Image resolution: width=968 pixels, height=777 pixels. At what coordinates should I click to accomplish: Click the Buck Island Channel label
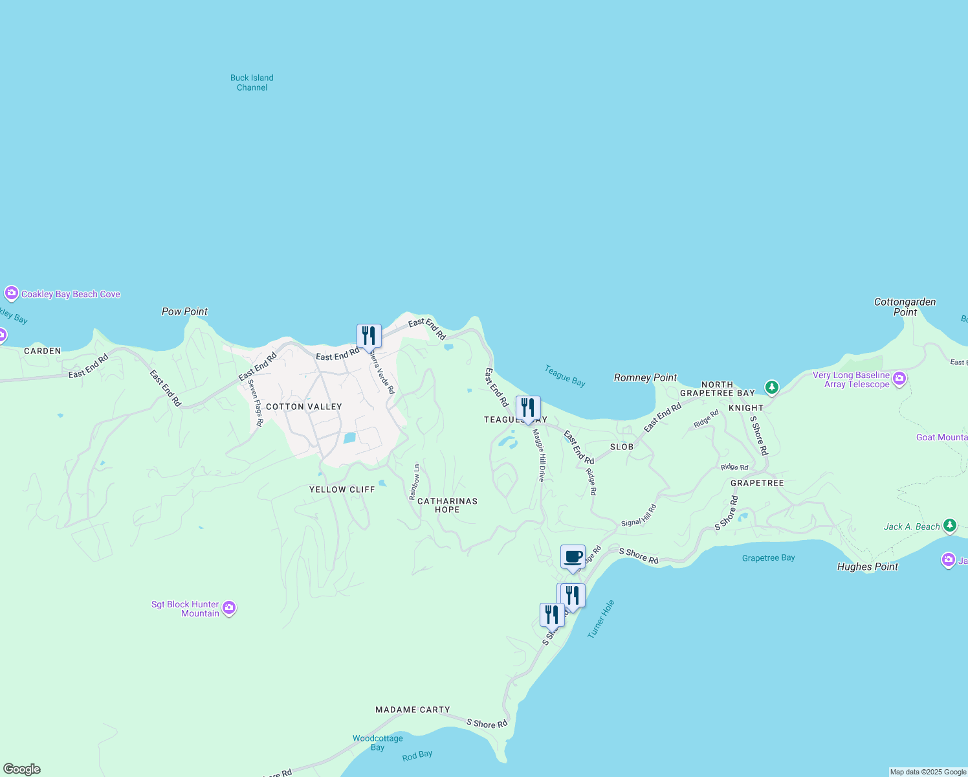(252, 83)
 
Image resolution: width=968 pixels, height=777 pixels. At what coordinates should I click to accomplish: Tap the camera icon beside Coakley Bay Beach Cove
(11, 293)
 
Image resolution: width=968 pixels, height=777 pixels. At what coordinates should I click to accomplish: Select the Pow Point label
(184, 311)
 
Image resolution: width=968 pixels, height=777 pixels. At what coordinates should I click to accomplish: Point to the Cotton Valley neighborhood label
(303, 407)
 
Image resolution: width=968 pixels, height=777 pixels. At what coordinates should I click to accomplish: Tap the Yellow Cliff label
(342, 490)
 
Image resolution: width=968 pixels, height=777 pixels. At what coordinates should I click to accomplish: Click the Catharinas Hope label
(447, 505)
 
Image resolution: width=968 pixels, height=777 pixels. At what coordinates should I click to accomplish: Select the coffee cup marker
(573, 557)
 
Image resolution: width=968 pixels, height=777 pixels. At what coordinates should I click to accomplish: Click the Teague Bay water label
(565, 376)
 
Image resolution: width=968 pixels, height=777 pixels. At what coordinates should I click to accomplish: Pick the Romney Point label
(645, 377)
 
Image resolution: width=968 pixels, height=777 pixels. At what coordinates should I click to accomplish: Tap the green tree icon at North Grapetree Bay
(771, 388)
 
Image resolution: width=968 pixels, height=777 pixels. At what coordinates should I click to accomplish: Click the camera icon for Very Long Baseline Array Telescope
(899, 379)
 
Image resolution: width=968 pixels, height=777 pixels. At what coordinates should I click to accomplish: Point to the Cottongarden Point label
(905, 307)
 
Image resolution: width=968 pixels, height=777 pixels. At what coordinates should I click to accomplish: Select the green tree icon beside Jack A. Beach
(949, 525)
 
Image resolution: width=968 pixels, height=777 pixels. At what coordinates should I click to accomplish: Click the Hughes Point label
(867, 567)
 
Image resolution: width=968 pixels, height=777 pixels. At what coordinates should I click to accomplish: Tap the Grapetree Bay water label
(768, 558)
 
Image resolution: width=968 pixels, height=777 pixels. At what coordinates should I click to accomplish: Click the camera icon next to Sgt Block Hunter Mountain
(228, 608)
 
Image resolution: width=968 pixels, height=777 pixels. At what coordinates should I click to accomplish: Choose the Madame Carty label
(412, 710)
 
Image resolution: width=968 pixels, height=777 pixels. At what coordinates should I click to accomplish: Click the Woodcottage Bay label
(378, 743)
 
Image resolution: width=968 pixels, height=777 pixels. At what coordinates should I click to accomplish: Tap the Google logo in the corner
(22, 769)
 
